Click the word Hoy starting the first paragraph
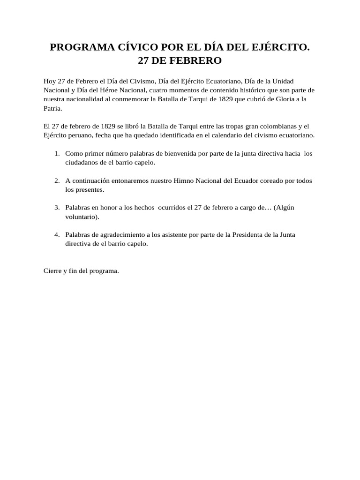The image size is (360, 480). coord(50,81)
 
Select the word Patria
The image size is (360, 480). coord(52,108)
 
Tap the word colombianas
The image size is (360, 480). coord(266,126)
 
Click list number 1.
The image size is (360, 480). coord(56,153)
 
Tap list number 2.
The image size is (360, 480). coord(56,180)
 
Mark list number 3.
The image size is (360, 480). coord(56,208)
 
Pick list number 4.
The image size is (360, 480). coord(56,235)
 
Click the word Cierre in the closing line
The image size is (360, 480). coord(52,271)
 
